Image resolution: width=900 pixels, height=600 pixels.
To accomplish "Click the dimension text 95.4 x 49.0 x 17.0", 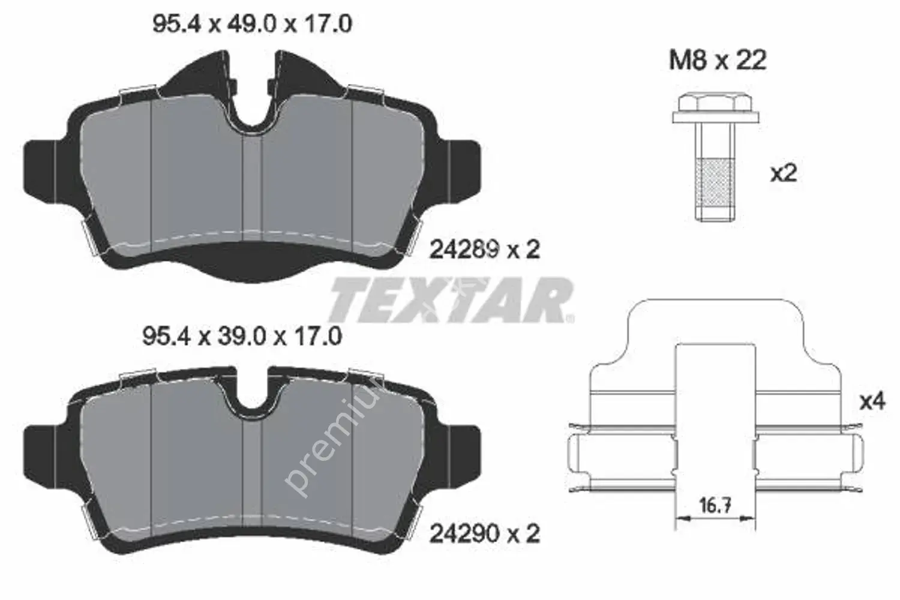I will [252, 25].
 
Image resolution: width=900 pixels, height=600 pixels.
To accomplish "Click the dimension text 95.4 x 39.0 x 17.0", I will [242, 336].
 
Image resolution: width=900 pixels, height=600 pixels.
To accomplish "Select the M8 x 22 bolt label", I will [718, 61].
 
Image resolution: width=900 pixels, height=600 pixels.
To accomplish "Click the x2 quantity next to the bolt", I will [783, 174].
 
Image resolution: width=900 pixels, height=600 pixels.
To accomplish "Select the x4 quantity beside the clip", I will [872, 401].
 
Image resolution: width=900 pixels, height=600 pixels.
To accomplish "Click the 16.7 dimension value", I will [715, 506].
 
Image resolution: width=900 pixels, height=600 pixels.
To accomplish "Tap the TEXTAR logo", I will [450, 300].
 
